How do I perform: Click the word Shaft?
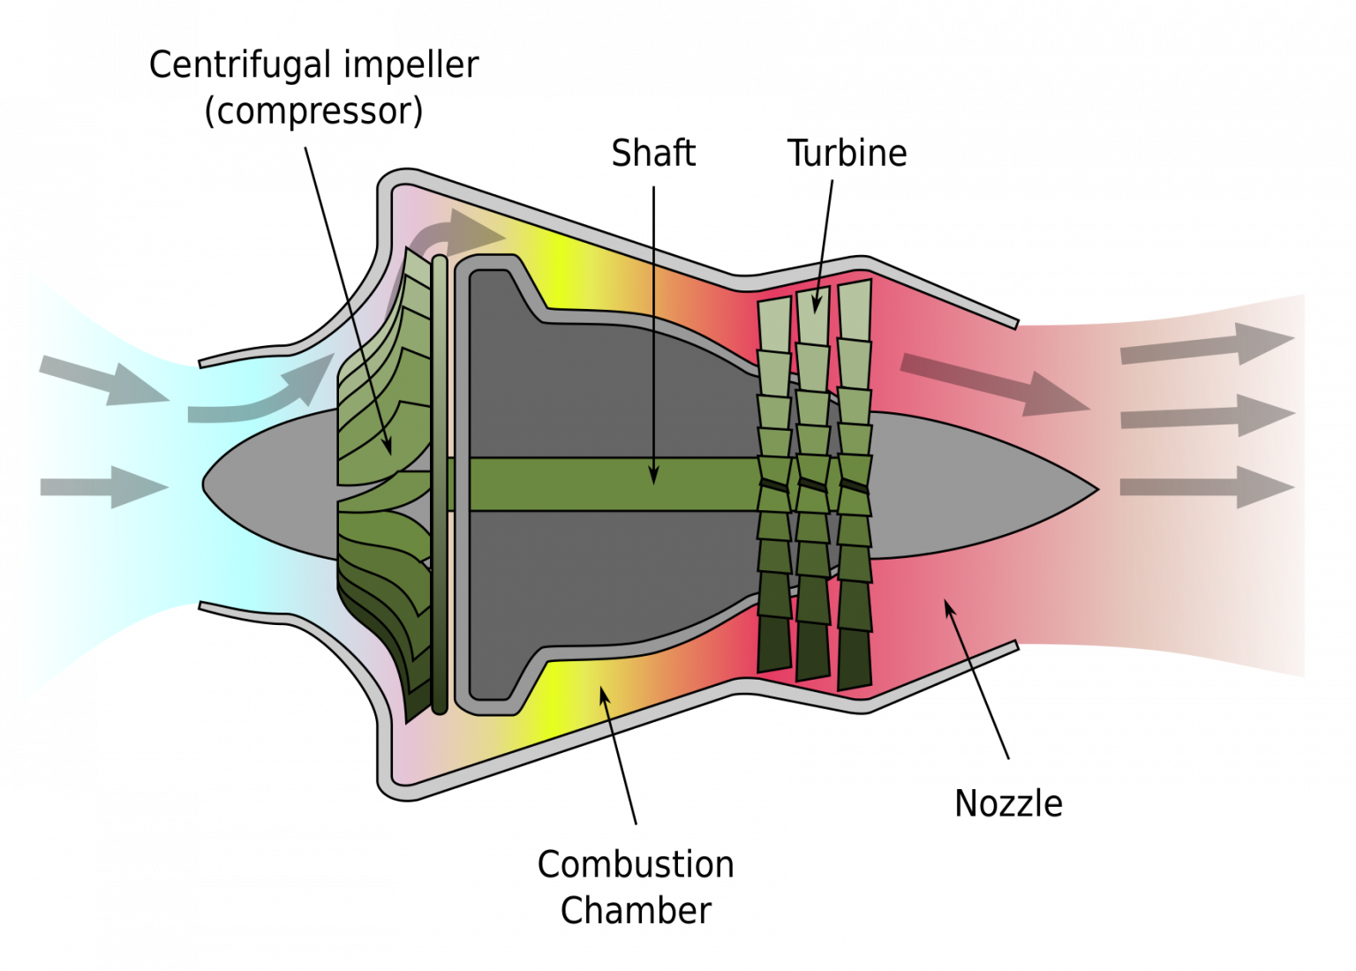[653, 154]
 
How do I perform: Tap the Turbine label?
[847, 154]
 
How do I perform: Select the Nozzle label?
[1008, 804]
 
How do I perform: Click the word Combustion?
[636, 864]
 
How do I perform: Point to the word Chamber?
[636, 910]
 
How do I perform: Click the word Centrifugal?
[241, 66]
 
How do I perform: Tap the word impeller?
[411, 66]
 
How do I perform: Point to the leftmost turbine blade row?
[774, 485]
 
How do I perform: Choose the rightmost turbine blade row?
[855, 485]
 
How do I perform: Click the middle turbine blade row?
[813, 485]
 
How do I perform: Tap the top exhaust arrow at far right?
[1208, 344]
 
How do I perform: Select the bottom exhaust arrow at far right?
[1208, 486]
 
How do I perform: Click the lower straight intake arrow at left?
[105, 486]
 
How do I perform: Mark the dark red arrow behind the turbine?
[995, 385]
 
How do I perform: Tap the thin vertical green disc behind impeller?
[441, 485]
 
